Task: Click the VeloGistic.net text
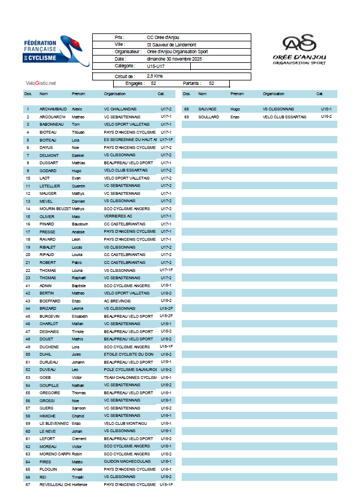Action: tap(41, 83)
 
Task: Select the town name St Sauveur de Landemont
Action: tap(171, 44)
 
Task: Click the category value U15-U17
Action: tap(156, 66)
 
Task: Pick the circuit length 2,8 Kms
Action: tap(155, 75)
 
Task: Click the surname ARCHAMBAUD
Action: tap(53, 109)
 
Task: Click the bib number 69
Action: tap(186, 117)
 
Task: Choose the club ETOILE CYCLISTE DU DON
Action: tap(128, 354)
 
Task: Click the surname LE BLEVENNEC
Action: tap(54, 423)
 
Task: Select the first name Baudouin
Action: tap(80, 224)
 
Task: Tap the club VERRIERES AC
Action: tap(118, 216)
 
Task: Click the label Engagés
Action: tap(133, 83)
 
